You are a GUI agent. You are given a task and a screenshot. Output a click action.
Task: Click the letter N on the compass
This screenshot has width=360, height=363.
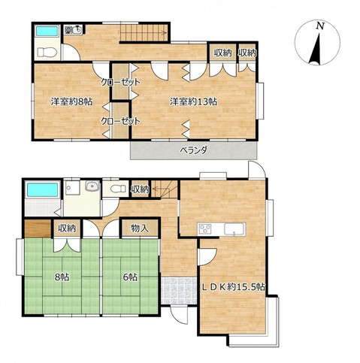tap(320, 26)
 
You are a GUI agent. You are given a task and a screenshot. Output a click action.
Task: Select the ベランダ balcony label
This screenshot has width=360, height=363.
tap(193, 150)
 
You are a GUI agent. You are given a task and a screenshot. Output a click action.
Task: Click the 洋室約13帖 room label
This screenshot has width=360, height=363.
tap(193, 101)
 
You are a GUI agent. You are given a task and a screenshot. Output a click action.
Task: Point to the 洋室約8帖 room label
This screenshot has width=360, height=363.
tap(71, 101)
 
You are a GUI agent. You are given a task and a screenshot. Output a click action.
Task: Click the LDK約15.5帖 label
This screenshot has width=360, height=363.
tap(233, 287)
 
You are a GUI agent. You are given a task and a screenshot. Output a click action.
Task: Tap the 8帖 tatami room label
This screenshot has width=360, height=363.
tap(62, 277)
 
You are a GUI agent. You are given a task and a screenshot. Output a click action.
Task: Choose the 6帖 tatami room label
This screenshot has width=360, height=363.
tap(130, 277)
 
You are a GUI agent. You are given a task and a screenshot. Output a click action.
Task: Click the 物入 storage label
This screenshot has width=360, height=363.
tap(140, 228)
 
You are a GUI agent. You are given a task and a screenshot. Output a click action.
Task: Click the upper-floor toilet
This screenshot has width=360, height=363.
tap(47, 53)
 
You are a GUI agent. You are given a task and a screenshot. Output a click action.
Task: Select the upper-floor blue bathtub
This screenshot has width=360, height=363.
tap(47, 31)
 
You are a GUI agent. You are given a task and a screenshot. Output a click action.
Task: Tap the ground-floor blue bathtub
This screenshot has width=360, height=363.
tap(42, 190)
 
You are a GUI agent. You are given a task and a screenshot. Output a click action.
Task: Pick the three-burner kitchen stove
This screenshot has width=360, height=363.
tap(205, 229)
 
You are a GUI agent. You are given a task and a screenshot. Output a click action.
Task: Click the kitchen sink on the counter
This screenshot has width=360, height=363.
tap(234, 229)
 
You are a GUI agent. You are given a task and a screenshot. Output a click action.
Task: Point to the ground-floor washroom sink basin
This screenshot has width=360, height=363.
tap(92, 186)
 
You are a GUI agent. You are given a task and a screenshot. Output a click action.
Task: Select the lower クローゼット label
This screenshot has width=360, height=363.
tap(120, 121)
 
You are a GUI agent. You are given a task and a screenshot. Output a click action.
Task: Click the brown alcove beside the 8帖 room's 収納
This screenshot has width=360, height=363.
tap(38, 228)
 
